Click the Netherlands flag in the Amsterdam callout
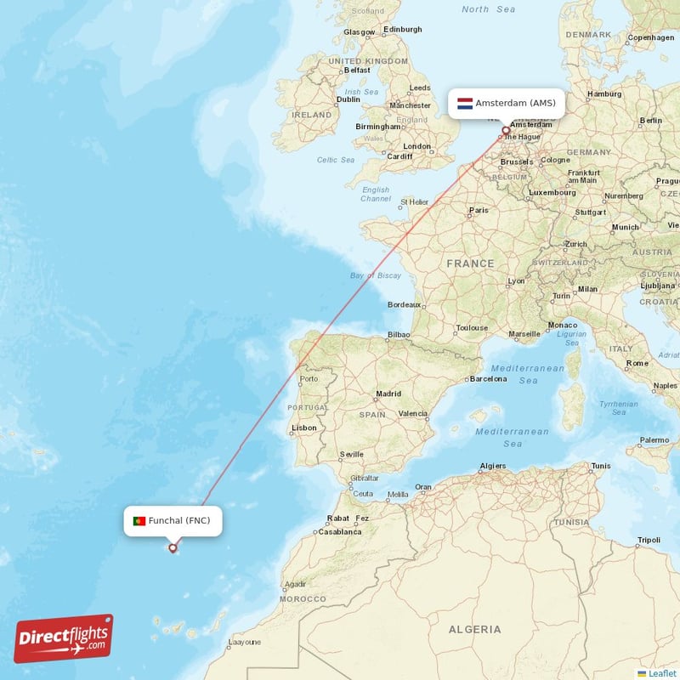click(x=465, y=104)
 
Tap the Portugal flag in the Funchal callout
click(x=139, y=521)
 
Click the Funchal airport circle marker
click(x=173, y=548)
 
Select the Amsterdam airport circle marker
click(x=506, y=131)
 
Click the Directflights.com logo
click(x=64, y=638)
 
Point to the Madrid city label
click(x=388, y=394)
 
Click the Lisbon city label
click(x=303, y=428)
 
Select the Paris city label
click(x=479, y=210)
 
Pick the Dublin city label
click(x=348, y=99)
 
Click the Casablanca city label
click(x=340, y=532)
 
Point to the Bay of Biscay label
click(x=376, y=275)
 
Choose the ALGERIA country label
click(x=474, y=630)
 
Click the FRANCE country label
click(x=470, y=263)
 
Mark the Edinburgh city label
click(x=402, y=29)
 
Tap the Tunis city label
click(x=601, y=466)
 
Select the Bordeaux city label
click(x=404, y=304)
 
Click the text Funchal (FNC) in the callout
click(x=178, y=520)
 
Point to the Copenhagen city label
click(x=650, y=38)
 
